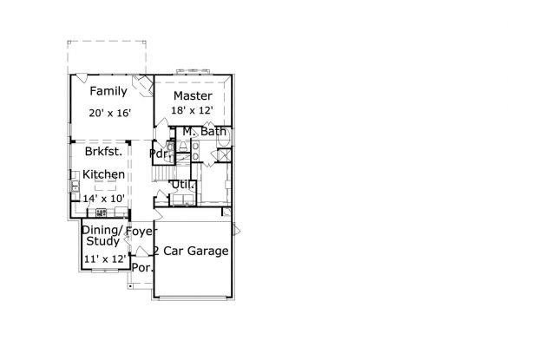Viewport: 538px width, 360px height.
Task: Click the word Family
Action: coord(108,91)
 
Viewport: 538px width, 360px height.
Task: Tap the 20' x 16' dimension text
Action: coord(110,113)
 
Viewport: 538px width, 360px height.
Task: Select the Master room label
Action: coord(193,95)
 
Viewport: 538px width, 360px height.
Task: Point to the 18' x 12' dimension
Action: coord(192,110)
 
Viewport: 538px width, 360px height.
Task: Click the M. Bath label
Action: coord(205,131)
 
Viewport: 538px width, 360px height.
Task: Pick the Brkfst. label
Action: coord(103,151)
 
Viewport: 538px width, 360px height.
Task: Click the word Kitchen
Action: coord(103,174)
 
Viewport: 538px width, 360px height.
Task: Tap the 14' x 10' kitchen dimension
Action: coord(103,199)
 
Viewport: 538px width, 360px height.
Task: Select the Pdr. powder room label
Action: coord(161,154)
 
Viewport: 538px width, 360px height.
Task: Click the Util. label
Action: coord(183,185)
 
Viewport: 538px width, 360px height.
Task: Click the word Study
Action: coord(103,241)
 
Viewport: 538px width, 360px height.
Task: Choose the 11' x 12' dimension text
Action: coord(105,259)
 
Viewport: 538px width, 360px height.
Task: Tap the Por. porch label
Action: coord(142,267)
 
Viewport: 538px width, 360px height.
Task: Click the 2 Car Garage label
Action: coord(191,251)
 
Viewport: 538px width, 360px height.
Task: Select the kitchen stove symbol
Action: coord(101,213)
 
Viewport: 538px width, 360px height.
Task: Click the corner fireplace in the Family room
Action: coord(143,85)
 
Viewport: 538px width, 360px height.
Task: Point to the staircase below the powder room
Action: coord(164,173)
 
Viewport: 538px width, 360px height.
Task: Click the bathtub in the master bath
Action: coord(223,138)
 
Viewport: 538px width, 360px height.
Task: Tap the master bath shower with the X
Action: coord(225,155)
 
